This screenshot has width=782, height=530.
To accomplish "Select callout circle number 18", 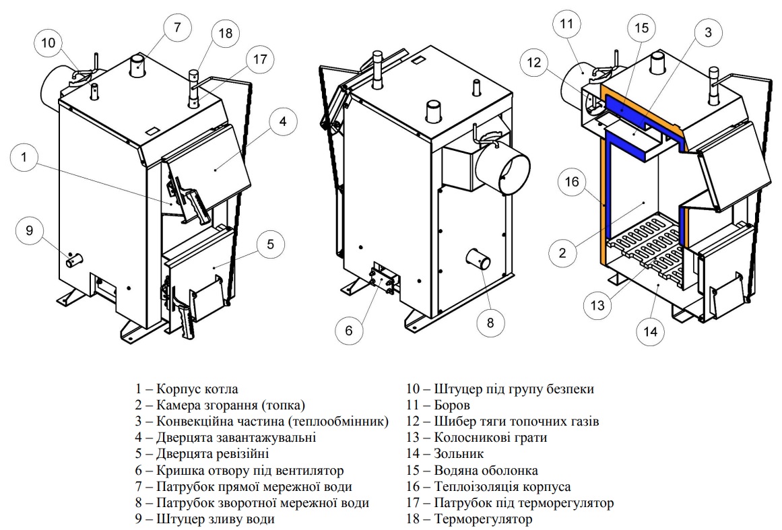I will tap(224, 33).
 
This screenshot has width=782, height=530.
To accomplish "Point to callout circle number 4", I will tap(283, 121).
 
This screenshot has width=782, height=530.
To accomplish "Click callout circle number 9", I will tap(29, 231).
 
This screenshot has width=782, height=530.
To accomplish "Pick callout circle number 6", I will tap(348, 331).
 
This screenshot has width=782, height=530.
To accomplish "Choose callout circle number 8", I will tap(490, 323).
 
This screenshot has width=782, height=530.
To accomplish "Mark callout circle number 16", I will tap(571, 183).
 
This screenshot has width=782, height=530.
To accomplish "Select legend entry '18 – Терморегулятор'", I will tap(469, 519).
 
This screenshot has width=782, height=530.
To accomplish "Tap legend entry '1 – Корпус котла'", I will tap(186, 389).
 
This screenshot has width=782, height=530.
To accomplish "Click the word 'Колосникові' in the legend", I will tap(472, 438).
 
